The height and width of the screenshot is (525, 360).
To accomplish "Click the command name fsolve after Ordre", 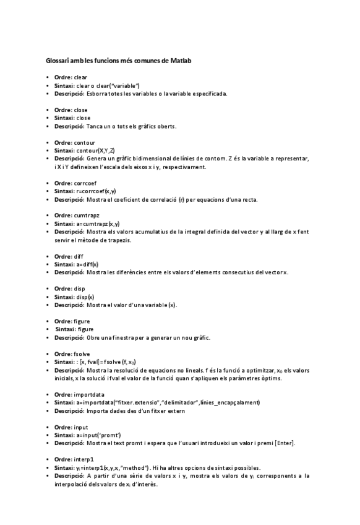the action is pyautogui.click(x=82, y=354).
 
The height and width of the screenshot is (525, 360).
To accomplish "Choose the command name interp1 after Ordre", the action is pyautogui.click(x=84, y=459).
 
